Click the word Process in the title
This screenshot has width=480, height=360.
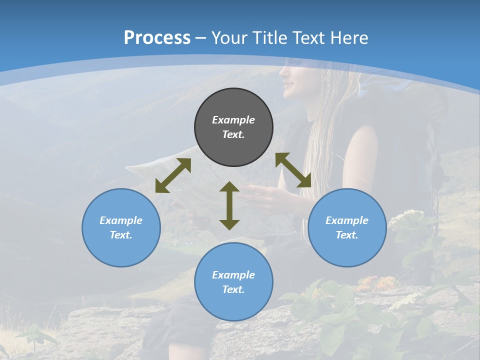point(157,37)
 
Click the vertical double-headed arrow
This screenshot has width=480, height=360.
point(229,205)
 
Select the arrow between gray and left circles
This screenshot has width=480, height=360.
point(173,175)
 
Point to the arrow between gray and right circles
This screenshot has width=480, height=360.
point(293,170)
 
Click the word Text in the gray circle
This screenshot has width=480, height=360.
point(233,134)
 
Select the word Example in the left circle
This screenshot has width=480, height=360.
point(121,220)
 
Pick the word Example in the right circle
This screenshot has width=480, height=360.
point(347,220)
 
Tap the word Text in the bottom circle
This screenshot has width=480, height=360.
point(233,289)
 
